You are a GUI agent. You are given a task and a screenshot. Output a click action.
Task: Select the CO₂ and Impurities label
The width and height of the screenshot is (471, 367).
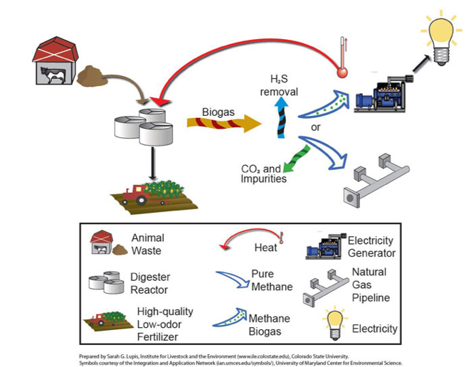(x=264, y=174)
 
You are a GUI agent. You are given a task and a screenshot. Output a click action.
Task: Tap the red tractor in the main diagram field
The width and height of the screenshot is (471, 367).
(x=136, y=193)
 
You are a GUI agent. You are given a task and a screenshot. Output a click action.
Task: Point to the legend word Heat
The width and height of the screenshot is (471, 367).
(x=265, y=248)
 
